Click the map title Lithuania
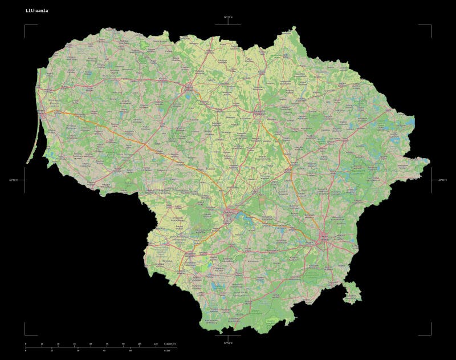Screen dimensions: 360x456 coord(36,11)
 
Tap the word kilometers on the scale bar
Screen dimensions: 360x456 coord(170,344)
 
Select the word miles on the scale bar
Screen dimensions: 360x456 coord(166,350)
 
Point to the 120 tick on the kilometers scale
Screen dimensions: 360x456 coord(156,344)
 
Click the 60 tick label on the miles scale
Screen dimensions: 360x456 coord(131,350)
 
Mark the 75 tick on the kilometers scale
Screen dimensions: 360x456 coord(107,344)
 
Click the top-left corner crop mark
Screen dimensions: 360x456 coord(26,26)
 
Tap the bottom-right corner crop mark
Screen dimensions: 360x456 coord(430,334)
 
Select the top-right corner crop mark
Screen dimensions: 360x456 coord(430,26)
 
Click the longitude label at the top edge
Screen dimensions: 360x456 coord(227,17)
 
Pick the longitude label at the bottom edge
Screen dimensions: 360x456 coord(227,343)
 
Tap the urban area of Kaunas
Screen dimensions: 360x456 coord(229,215)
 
